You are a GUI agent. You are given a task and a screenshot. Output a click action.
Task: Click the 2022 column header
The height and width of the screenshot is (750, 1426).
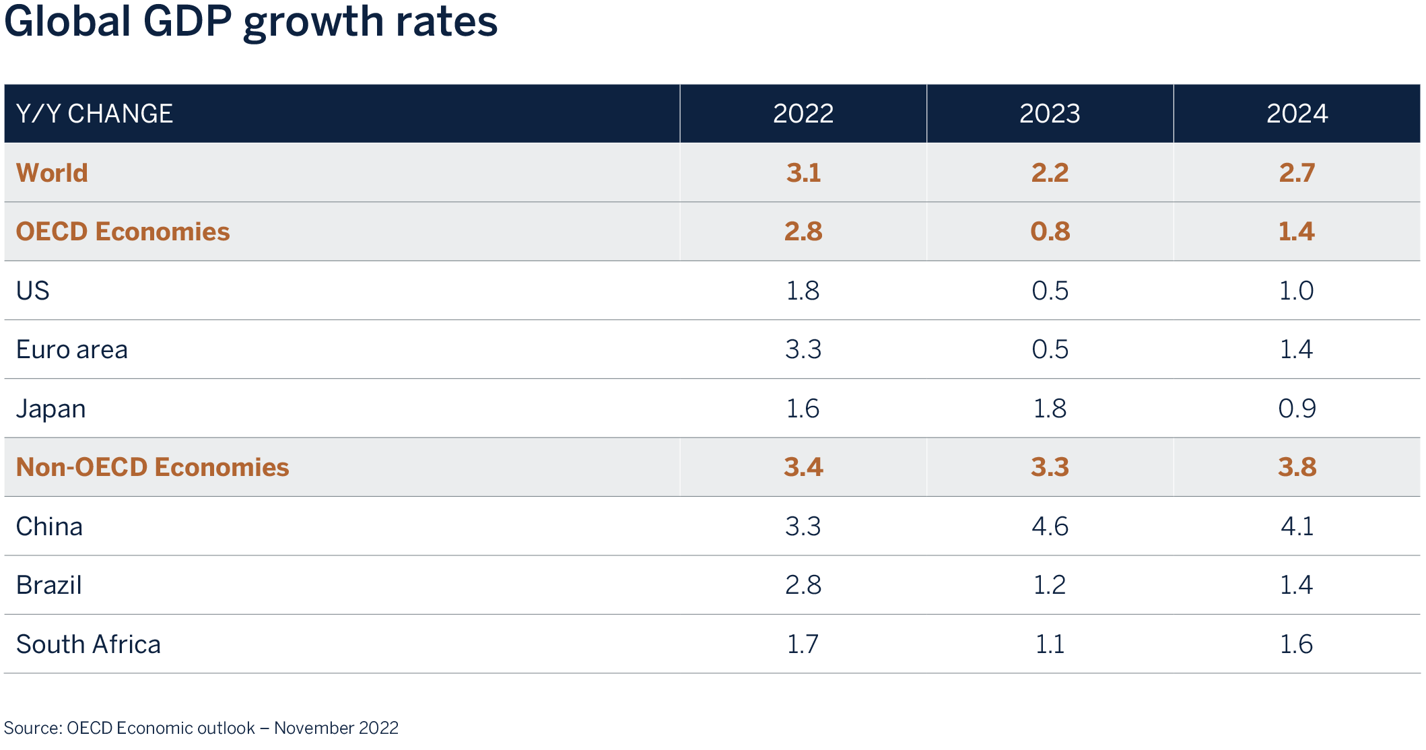pos(803,113)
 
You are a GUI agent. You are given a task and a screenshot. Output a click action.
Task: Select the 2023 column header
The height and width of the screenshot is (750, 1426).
pos(1050,113)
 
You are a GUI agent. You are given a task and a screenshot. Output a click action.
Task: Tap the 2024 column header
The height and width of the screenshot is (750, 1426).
pos(1297,113)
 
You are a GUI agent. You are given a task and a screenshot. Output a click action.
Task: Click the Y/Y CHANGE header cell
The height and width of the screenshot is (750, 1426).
pos(94,113)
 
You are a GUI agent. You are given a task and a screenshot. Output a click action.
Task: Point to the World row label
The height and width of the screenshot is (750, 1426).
pos(52,173)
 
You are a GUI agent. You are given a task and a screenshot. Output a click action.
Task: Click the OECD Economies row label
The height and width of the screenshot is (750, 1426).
pos(123,232)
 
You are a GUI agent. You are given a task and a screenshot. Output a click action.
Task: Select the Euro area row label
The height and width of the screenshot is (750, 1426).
pos(71,349)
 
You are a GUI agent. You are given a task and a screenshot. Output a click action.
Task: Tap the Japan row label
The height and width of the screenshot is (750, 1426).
pos(50,409)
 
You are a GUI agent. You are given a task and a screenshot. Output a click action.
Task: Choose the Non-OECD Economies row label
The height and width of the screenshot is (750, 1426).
pos(152,467)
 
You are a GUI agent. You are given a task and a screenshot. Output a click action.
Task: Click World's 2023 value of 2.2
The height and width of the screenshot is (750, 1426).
pos(1050,173)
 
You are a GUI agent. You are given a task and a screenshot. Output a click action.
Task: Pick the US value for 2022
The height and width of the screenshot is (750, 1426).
pos(803,291)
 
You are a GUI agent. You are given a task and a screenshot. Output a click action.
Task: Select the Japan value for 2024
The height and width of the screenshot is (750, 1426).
pos(1297,409)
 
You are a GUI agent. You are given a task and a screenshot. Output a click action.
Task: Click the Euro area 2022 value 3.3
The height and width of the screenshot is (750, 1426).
pos(803,349)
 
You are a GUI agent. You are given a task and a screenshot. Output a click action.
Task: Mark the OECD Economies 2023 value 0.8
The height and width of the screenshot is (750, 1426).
pos(1050,232)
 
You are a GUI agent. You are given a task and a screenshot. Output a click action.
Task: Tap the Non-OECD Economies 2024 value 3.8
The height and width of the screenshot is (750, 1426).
pos(1297,467)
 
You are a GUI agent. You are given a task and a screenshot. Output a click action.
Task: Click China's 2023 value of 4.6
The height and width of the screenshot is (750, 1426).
pos(1050,526)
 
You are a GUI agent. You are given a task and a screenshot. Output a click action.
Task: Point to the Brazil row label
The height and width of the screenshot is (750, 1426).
pos(48,585)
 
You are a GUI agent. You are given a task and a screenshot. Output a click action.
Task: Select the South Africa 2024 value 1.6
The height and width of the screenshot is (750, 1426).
pos(1297,644)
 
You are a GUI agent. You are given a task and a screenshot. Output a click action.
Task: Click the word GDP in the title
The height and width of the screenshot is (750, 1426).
pos(187,22)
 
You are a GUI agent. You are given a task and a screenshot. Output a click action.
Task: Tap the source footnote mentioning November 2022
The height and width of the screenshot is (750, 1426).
pos(201,728)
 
